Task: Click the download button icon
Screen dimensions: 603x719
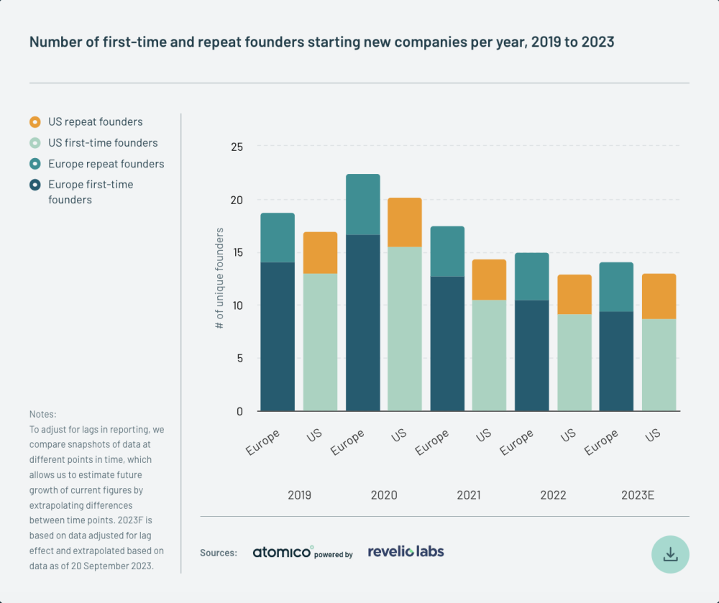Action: coord(670,553)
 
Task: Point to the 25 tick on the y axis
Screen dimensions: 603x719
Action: coord(237,147)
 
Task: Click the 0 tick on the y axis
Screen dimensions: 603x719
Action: coord(239,411)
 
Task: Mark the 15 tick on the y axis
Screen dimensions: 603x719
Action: coord(237,253)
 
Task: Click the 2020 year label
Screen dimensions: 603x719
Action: coord(384,495)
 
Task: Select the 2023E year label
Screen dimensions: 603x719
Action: coord(638,495)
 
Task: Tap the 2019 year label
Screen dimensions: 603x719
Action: coord(299,495)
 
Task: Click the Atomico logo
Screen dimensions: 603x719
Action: coord(283,552)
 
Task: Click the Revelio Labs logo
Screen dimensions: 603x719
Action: coord(406,551)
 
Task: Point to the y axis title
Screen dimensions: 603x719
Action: coord(220,279)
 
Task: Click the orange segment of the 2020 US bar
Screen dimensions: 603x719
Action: coord(405,222)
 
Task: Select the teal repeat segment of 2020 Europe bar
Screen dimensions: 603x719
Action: coord(362,204)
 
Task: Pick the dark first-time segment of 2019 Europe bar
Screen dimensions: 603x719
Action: coord(278,336)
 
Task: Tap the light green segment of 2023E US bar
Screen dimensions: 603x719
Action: coord(659,365)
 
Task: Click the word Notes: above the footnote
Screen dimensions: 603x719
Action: coord(42,415)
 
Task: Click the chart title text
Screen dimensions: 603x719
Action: coord(321,42)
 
